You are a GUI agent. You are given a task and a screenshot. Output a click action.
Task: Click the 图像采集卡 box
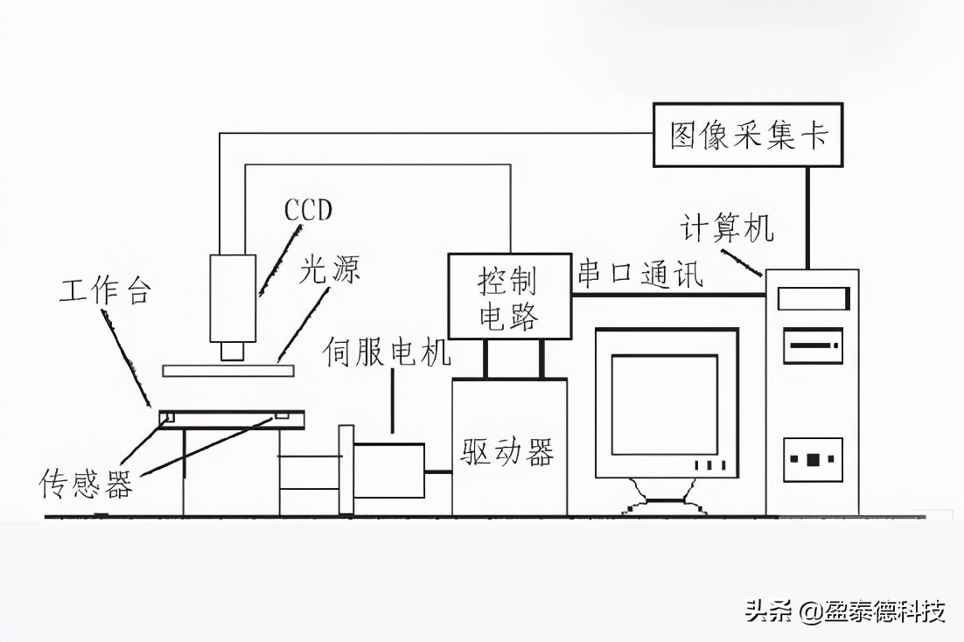(749, 136)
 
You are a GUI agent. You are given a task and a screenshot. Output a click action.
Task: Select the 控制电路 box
(508, 297)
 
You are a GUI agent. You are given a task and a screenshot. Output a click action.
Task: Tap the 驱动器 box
(508, 451)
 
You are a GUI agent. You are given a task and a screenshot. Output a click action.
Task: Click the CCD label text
(309, 211)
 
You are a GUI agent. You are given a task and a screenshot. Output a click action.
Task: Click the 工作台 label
(104, 290)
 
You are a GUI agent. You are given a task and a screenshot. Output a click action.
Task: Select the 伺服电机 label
(387, 352)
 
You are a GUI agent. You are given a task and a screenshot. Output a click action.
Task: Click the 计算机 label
(727, 229)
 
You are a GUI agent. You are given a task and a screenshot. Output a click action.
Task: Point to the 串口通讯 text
(640, 275)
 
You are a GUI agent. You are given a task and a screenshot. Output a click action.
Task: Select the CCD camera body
(233, 297)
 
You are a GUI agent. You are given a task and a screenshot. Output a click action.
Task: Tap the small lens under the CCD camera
(233, 351)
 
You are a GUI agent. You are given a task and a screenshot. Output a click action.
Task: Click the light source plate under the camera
(227, 370)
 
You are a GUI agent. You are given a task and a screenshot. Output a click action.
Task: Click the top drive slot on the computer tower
(813, 299)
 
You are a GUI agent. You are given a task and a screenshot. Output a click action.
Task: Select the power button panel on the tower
(813, 459)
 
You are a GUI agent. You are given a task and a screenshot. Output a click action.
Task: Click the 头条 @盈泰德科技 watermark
(845, 611)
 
